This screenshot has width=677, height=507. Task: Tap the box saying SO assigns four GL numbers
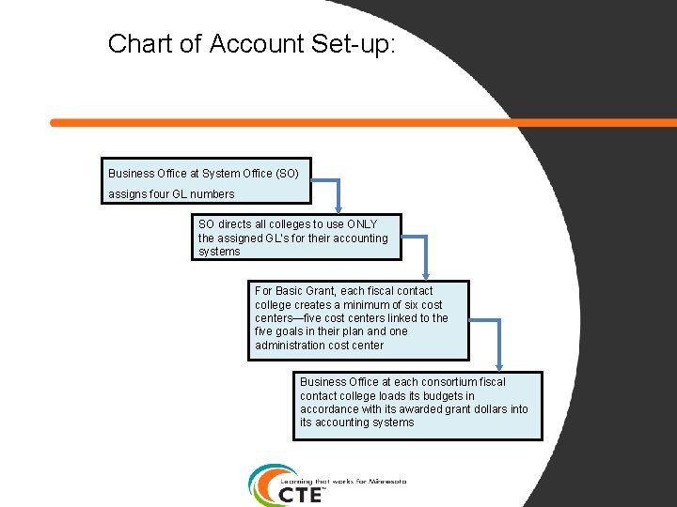tap(208, 182)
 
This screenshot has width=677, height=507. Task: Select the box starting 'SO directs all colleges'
tap(296, 238)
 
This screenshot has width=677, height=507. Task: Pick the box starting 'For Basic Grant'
tap(359, 319)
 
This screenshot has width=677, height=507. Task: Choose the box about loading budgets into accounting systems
tap(417, 406)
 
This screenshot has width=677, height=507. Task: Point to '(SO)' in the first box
tap(287, 174)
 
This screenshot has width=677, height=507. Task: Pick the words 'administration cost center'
tap(319, 346)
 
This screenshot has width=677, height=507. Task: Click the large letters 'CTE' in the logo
tap(302, 494)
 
